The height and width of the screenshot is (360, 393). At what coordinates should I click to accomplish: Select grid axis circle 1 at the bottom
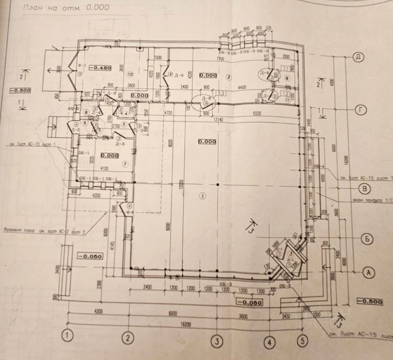67,335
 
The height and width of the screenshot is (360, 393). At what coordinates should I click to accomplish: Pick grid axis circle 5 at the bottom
302,341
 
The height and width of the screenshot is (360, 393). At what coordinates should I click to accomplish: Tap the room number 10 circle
130,74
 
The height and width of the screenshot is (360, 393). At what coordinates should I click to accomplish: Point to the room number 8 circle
287,78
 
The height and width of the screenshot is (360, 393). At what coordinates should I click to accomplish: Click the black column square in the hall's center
218,185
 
